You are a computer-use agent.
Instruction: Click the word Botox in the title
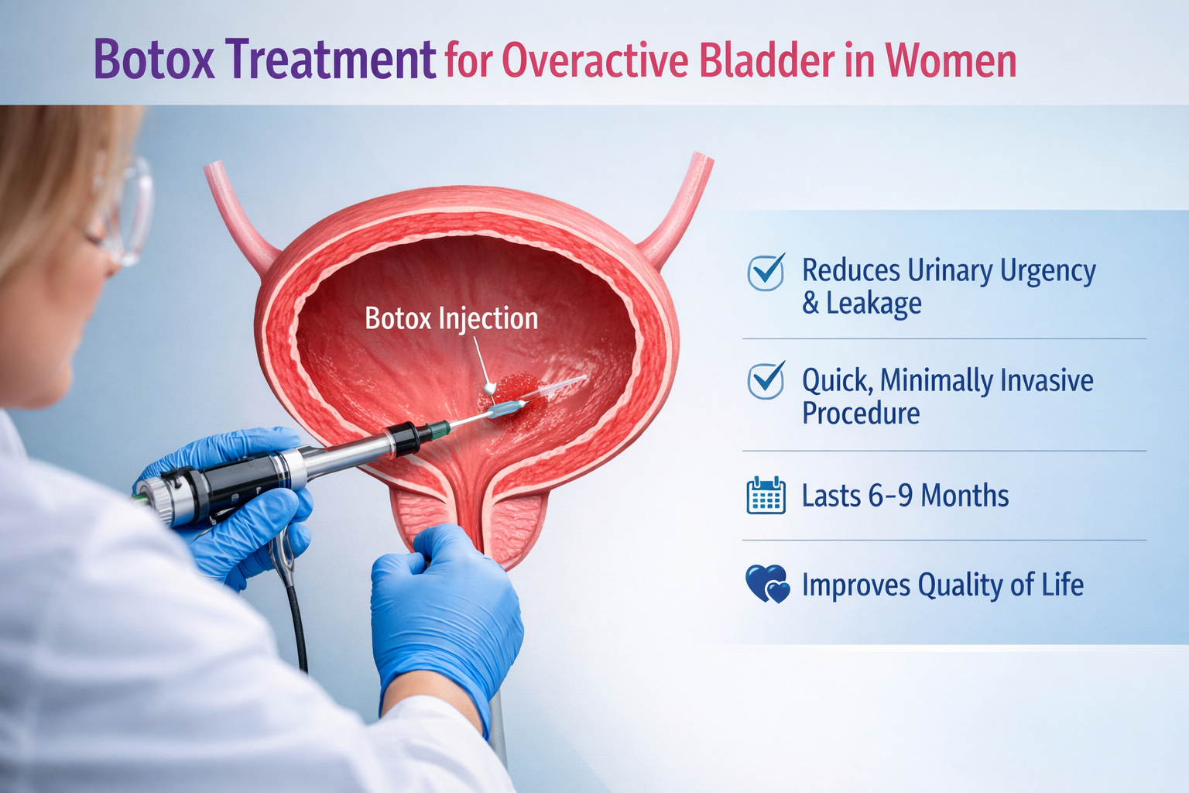click(x=154, y=60)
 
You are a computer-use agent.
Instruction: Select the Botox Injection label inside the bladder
click(x=451, y=318)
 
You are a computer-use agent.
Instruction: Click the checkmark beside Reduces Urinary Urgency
click(x=766, y=272)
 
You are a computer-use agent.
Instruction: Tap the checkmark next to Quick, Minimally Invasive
click(x=766, y=380)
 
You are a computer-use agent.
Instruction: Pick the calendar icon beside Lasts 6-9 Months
click(x=766, y=496)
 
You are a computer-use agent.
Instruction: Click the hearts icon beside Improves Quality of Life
click(x=767, y=584)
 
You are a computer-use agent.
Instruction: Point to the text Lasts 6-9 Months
click(x=905, y=496)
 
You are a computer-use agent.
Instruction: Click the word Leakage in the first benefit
click(x=874, y=303)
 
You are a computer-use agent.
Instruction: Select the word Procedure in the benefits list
click(x=861, y=413)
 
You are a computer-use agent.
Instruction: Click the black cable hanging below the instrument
click(x=297, y=620)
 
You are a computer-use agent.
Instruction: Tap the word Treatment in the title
click(x=332, y=60)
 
